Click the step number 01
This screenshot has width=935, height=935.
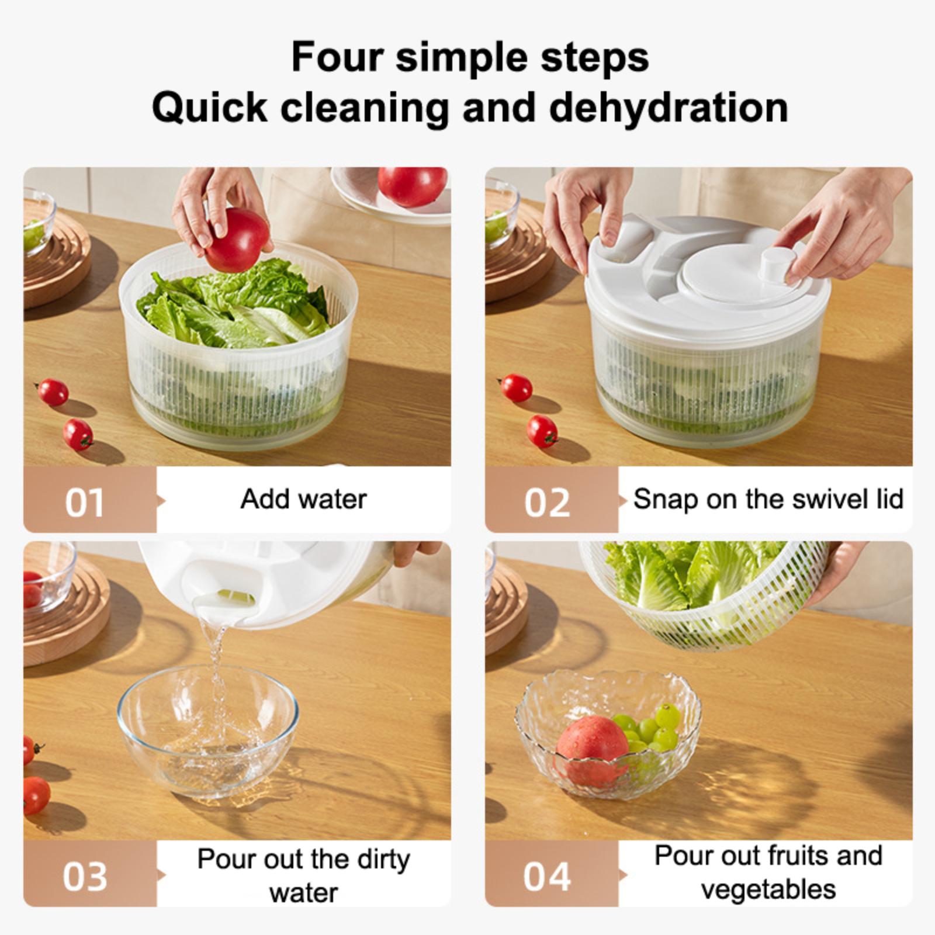[x=85, y=503]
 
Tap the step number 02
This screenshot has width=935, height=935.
[x=547, y=503]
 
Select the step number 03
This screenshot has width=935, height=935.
[x=85, y=876]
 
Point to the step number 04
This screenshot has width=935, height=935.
[x=547, y=876]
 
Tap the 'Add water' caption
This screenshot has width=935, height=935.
[x=304, y=499]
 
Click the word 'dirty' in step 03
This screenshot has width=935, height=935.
[x=382, y=860]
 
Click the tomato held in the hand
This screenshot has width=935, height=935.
[x=237, y=240]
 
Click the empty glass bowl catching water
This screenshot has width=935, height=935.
[x=207, y=732]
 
